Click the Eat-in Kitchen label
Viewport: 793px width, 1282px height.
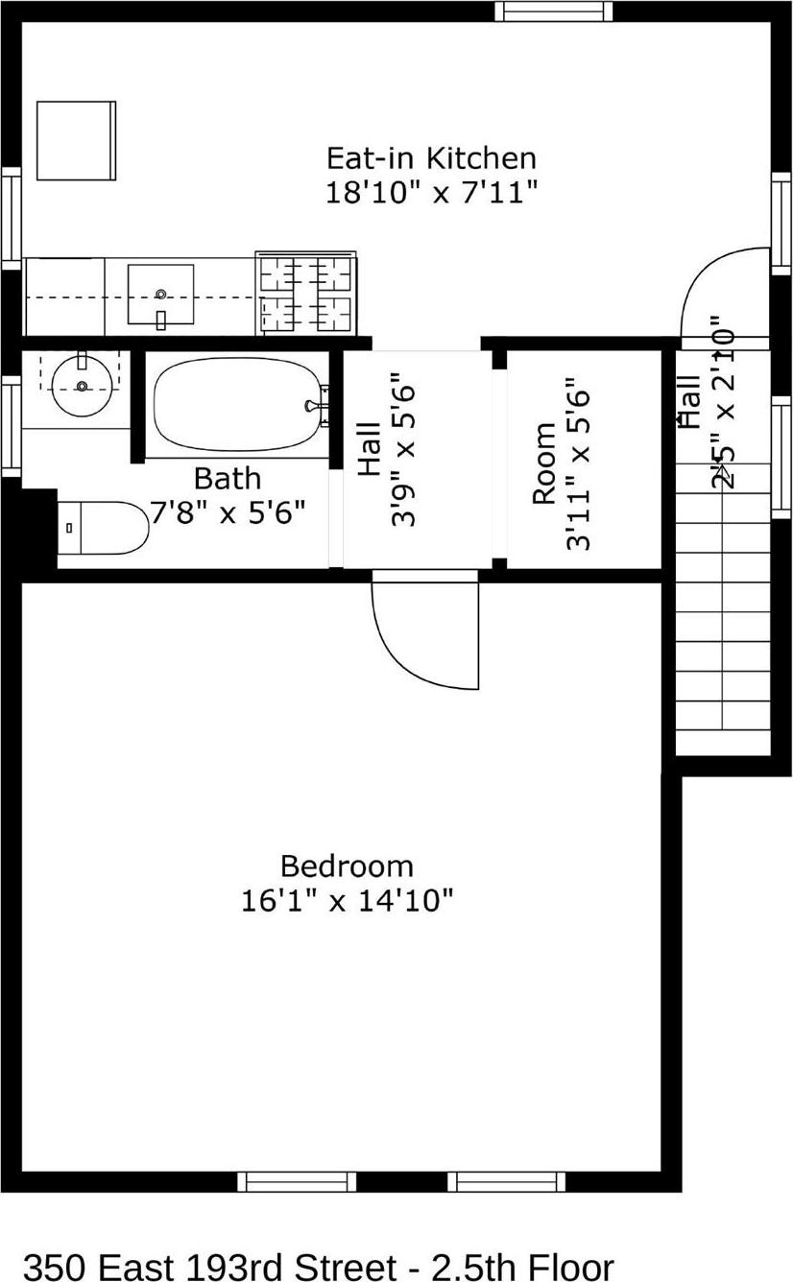coord(430,157)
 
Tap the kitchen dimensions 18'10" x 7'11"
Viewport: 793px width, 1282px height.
coord(430,192)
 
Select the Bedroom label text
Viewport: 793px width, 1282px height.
coord(347,867)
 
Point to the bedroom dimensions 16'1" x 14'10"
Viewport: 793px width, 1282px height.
coord(347,901)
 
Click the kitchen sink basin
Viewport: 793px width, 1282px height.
coord(161,296)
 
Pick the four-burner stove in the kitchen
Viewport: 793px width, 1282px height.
coord(306,294)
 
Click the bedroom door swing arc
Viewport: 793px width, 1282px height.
coord(422,638)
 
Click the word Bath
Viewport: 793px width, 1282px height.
coord(228,478)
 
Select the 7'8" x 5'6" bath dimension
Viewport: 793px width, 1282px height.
coord(228,511)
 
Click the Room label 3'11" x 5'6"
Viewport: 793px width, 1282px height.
coord(561,463)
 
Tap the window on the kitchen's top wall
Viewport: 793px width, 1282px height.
coord(553,12)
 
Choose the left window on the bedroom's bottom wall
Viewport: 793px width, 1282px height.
coord(297,1181)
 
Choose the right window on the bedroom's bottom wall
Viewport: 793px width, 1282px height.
coord(506,1181)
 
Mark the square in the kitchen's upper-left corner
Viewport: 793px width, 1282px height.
coord(76,140)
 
